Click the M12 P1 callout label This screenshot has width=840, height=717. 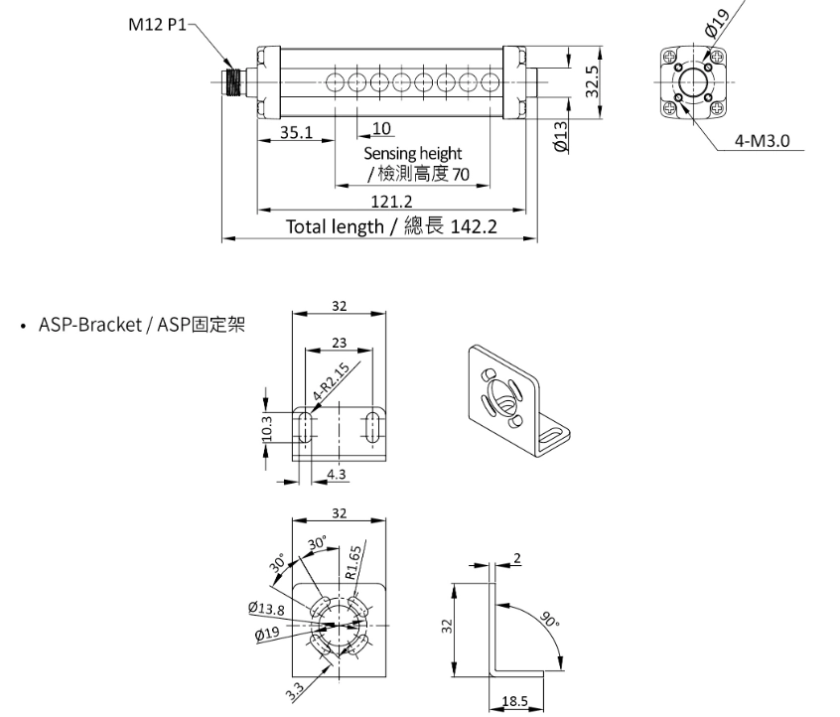coord(156,25)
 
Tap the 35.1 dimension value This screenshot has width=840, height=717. coord(296,131)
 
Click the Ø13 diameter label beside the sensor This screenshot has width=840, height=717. coord(561,136)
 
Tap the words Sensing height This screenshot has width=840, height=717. coord(412,154)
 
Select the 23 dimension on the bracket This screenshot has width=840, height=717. coord(341,343)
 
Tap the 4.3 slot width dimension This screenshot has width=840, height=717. coord(337,474)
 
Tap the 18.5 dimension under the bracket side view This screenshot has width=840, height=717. coord(515,701)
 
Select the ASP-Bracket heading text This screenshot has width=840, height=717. coord(141,325)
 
